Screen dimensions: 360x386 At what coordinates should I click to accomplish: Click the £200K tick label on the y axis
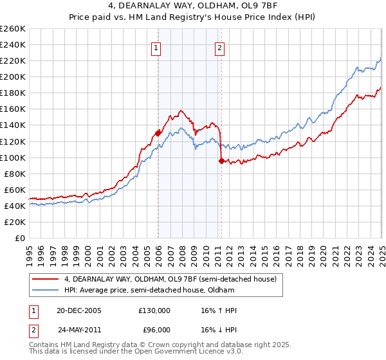[13, 76]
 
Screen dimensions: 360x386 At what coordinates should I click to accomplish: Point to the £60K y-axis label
[15, 190]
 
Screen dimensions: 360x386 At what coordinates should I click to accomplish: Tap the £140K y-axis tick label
[13, 125]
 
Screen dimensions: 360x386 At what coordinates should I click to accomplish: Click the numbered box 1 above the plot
[156, 47]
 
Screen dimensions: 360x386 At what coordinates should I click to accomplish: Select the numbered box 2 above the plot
[220, 47]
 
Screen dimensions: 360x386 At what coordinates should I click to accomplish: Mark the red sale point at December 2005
[158, 133]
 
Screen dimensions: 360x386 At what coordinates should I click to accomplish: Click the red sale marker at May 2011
[221, 161]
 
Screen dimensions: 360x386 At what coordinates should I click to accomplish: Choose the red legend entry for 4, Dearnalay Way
[170, 279]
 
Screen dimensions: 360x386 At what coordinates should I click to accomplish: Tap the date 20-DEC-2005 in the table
[79, 310]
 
